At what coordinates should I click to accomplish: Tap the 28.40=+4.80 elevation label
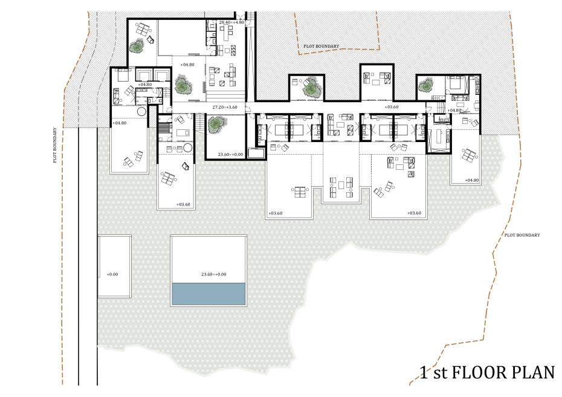point(231,22)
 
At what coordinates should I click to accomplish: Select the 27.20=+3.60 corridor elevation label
point(225,107)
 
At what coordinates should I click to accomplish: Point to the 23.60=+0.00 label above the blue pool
point(213,274)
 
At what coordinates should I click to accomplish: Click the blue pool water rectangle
point(209,294)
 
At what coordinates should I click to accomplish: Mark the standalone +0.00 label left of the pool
point(112,274)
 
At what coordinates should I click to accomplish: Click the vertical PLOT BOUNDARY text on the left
point(55,145)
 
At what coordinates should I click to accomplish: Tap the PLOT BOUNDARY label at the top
point(321,46)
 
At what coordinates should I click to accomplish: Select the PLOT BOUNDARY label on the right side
point(522,235)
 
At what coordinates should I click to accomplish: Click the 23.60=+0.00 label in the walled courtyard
point(230,155)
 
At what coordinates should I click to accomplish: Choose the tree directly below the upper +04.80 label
point(184,85)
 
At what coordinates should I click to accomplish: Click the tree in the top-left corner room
point(137,47)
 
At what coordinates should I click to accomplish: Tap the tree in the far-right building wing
point(426,86)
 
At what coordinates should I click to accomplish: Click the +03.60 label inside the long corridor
point(392,107)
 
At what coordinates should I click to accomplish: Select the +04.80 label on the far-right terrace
point(472,180)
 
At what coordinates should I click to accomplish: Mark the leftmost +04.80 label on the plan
point(120,123)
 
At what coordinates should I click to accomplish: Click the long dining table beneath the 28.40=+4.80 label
point(226,34)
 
